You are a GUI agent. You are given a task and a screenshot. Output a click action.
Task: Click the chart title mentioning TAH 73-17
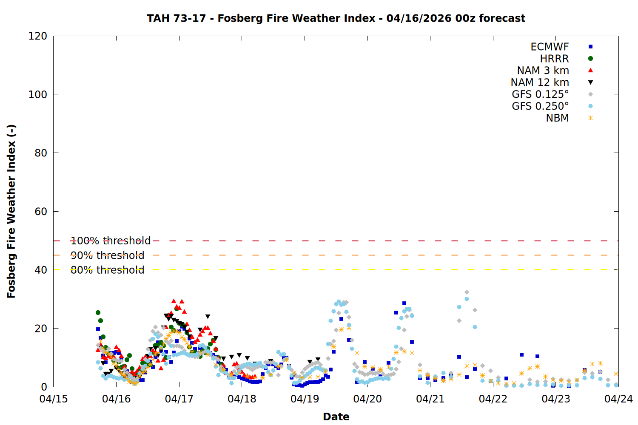click(336, 18)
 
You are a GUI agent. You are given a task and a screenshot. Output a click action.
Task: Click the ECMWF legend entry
click(550, 47)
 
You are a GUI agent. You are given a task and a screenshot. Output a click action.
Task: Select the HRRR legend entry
click(554, 59)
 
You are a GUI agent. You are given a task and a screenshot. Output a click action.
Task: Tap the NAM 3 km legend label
click(543, 71)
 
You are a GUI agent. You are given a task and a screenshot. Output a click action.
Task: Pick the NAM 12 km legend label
click(540, 82)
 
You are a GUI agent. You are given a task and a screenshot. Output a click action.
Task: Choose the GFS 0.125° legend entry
click(540, 94)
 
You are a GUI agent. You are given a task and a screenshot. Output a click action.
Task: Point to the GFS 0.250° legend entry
click(540, 106)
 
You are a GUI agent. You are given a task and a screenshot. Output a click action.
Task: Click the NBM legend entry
click(557, 118)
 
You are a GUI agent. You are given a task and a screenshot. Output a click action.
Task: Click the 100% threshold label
click(111, 241)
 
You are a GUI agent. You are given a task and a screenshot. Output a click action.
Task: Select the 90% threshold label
click(107, 255)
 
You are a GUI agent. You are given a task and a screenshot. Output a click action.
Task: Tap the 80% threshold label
click(107, 270)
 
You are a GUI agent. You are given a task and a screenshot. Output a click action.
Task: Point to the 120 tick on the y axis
click(38, 36)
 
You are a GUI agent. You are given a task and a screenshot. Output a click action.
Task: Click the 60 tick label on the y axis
click(41, 212)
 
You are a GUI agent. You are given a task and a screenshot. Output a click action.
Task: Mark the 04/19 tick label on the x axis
click(305, 399)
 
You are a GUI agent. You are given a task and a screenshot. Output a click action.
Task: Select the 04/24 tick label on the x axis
click(618, 399)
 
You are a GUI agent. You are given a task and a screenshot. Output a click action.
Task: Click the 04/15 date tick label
click(54, 399)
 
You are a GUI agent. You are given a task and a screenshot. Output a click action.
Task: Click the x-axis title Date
click(336, 416)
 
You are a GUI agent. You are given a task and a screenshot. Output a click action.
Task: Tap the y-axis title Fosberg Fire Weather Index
click(11, 211)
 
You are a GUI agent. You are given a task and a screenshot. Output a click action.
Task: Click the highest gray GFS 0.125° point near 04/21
click(467, 292)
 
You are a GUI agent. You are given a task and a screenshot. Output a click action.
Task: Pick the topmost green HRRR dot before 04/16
click(98, 313)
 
